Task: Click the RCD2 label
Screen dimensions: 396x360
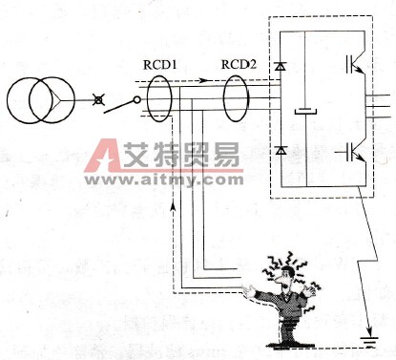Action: pos(239,65)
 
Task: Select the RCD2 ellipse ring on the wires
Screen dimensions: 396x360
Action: pos(240,101)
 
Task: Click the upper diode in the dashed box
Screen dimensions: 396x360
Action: pos(280,67)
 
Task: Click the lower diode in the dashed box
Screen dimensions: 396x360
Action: pos(280,151)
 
